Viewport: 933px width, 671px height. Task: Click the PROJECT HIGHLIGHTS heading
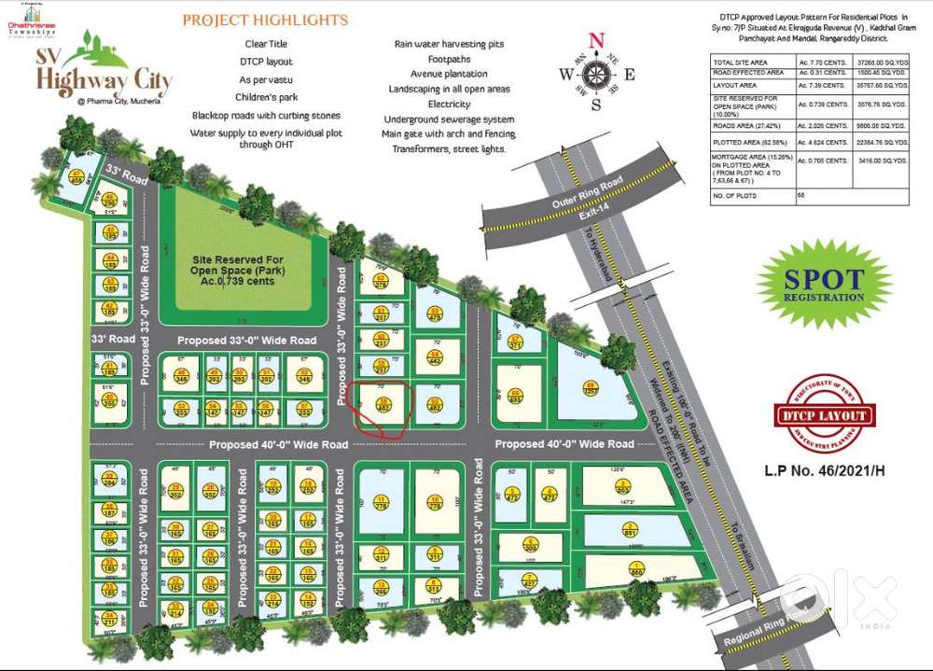pos(265,20)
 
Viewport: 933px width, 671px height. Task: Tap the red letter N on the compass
pos(597,40)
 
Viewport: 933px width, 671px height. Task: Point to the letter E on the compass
pos(630,76)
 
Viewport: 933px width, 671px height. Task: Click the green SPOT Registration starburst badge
pos(824,285)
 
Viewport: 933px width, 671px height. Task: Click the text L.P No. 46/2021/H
pos(824,469)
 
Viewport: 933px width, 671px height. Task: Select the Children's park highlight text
pos(266,95)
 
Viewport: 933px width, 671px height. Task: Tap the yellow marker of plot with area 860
pos(635,566)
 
